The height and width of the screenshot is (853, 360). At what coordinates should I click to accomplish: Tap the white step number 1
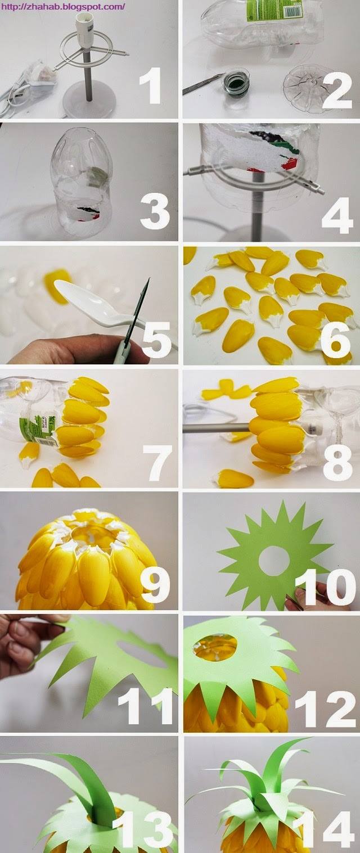click(152, 88)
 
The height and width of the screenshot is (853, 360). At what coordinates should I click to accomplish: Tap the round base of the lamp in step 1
click(89, 103)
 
